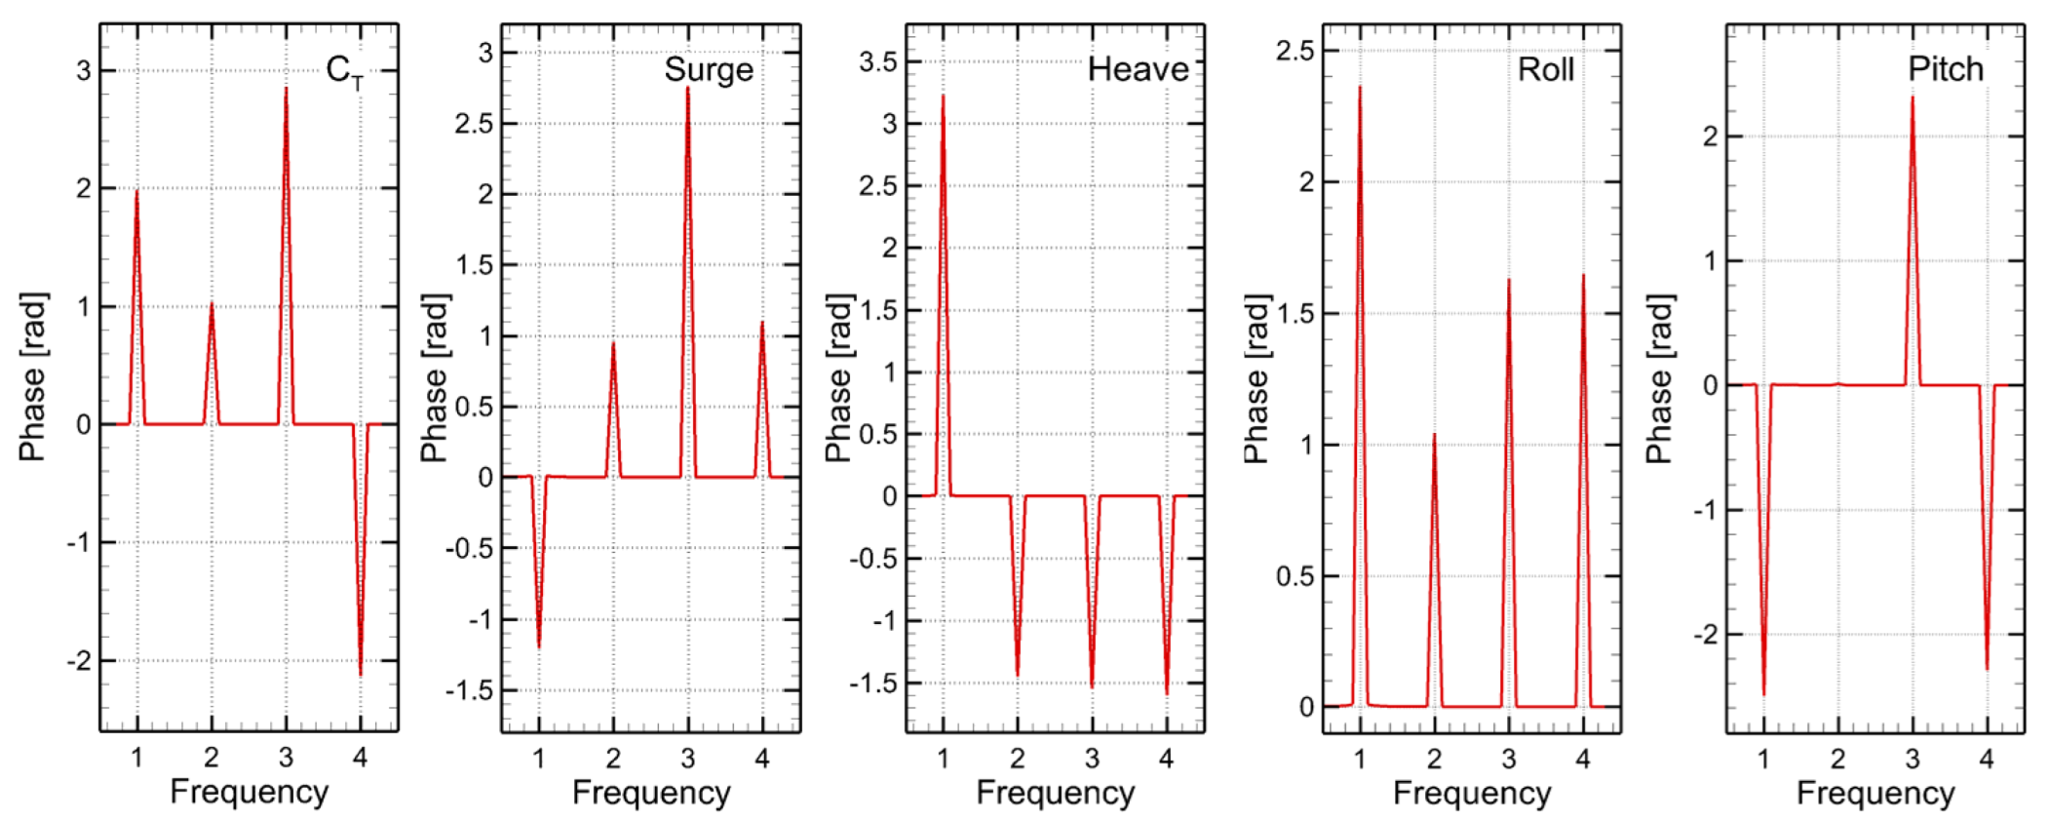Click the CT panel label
(344, 71)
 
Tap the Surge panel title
(709, 70)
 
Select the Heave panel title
(1138, 70)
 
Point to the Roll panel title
(1545, 70)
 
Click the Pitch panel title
(1945, 69)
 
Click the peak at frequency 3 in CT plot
(286, 90)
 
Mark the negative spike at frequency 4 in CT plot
(361, 674)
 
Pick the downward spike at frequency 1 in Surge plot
(539, 646)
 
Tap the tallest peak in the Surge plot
(687, 89)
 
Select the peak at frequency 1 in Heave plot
(943, 97)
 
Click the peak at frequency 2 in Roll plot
(1434, 436)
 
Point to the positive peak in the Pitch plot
(1912, 98)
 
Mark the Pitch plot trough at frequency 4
(1987, 669)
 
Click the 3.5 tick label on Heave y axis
(877, 62)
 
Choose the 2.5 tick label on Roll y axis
(1294, 51)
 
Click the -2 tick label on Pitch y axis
(1705, 636)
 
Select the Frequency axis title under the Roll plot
(1471, 793)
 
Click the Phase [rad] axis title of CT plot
(32, 376)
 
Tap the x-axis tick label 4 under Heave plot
(1166, 759)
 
